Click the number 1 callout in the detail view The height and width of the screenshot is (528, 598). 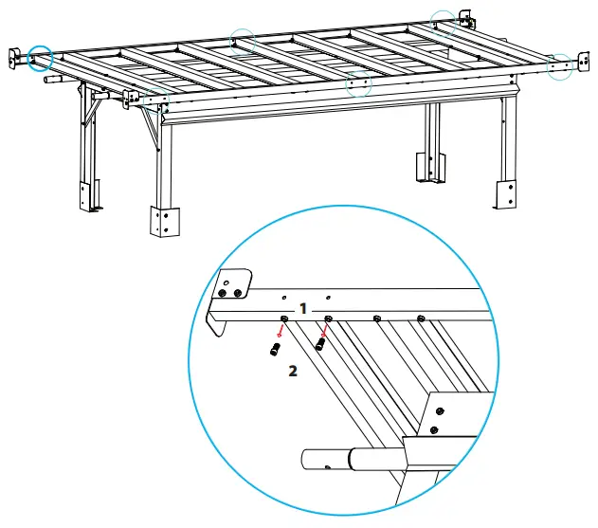302,309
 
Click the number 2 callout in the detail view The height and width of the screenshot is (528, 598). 293,373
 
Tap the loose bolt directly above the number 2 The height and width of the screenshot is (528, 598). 275,350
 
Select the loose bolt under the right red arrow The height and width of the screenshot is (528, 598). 320,344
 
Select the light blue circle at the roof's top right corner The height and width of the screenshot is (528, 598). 444,22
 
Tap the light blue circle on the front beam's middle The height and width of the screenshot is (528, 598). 357,83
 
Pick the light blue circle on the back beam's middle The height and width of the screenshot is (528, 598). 244,42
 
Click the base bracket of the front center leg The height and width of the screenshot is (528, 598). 164,221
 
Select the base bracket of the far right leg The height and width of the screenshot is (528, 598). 504,192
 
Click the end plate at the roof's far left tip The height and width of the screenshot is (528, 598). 17,57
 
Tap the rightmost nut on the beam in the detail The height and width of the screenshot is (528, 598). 421,318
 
